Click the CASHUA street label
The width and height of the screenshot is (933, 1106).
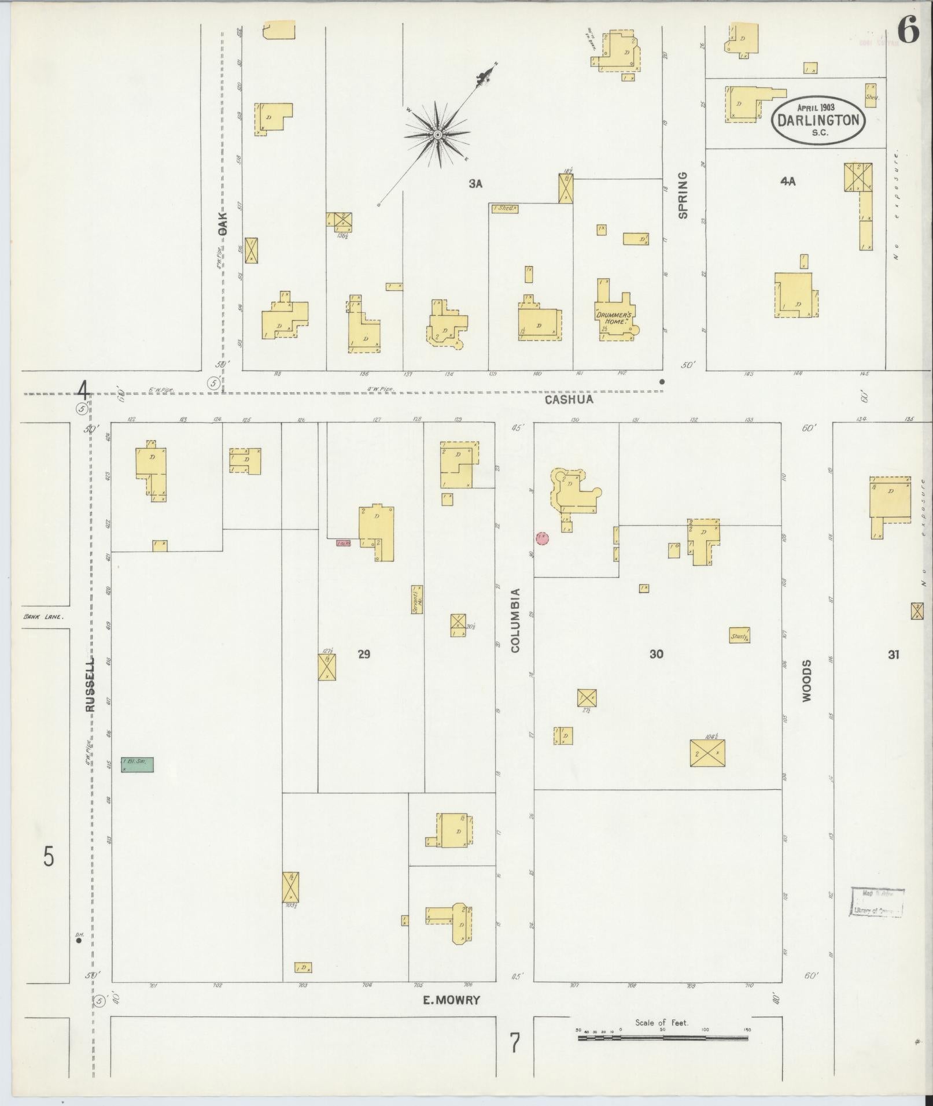point(569,399)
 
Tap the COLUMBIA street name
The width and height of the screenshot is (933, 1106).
point(515,620)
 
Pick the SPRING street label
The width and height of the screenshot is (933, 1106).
point(683,195)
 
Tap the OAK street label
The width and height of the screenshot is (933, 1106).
point(223,223)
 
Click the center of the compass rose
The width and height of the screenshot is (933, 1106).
point(438,135)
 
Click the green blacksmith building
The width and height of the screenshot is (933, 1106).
point(137,765)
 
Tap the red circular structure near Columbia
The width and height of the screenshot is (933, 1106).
point(542,538)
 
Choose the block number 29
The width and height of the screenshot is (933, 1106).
point(364,654)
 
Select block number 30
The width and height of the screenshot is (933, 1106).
point(656,654)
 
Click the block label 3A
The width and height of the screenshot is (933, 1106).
point(475,184)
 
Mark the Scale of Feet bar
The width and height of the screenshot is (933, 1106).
point(663,1038)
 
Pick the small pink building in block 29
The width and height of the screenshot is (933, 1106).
point(344,543)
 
